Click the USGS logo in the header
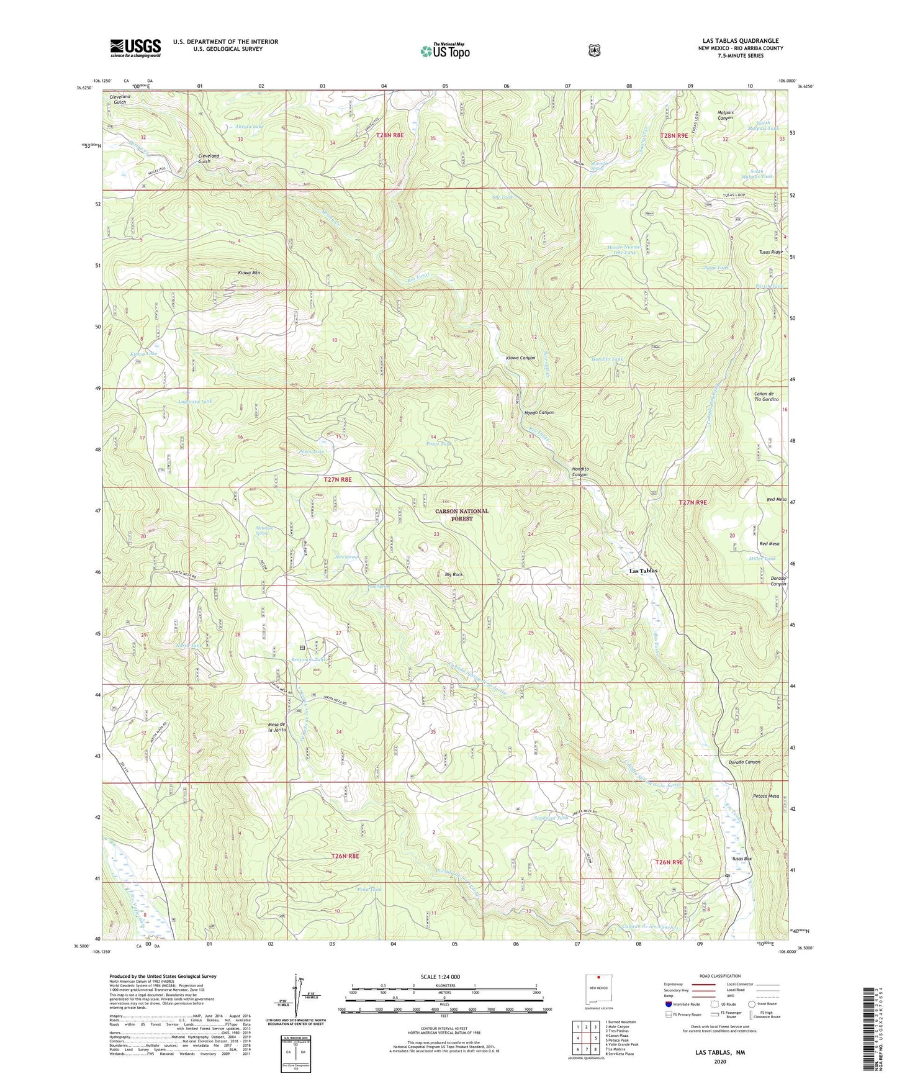[135, 48]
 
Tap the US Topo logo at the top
[444, 51]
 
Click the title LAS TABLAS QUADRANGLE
[739, 41]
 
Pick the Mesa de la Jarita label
[276, 728]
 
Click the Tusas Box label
[741, 859]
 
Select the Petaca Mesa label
[765, 796]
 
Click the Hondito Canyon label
[579, 472]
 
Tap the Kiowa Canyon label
[520, 358]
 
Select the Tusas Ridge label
[770, 252]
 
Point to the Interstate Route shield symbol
[668, 1004]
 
